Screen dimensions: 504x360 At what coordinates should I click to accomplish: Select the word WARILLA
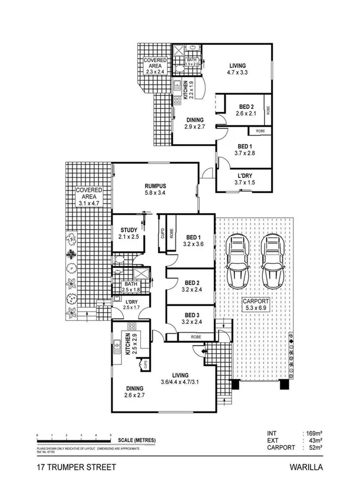point(306,469)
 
